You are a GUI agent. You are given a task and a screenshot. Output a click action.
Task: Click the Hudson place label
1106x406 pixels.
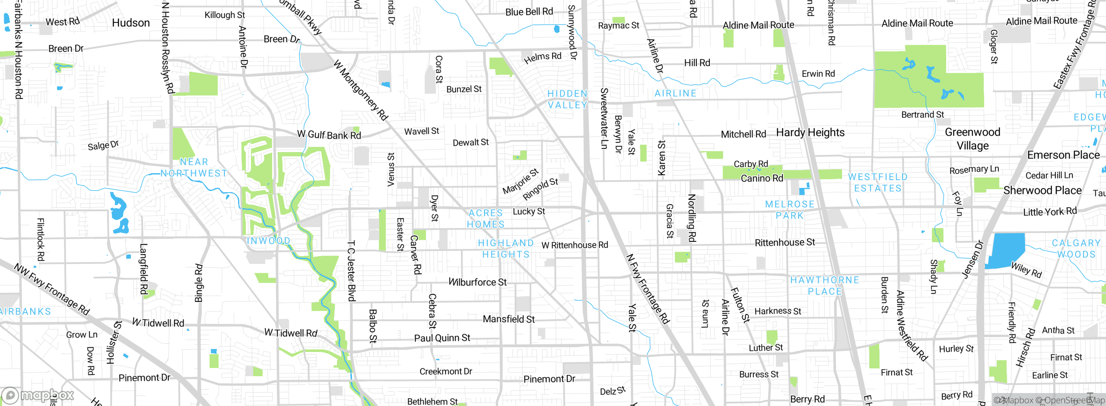click(131, 23)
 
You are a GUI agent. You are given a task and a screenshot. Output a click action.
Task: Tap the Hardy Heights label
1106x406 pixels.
click(810, 133)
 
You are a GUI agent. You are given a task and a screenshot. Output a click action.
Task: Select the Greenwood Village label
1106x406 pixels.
click(973, 139)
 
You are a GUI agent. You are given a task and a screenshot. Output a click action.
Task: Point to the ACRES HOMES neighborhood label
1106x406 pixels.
click(486, 219)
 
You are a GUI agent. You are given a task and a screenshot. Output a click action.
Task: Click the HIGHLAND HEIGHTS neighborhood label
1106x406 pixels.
click(506, 249)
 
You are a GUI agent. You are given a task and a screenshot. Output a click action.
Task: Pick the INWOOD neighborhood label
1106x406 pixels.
click(268, 241)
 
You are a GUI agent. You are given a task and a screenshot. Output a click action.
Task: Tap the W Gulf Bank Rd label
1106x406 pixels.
click(329, 135)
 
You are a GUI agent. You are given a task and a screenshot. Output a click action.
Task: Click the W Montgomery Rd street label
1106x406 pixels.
click(361, 90)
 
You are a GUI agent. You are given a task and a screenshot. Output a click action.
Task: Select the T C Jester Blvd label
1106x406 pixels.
click(352, 270)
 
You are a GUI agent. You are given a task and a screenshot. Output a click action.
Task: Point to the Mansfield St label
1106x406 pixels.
click(509, 319)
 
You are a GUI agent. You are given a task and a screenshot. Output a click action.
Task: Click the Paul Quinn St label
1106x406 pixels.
click(442, 338)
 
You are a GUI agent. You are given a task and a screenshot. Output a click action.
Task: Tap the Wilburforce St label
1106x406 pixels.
click(477, 282)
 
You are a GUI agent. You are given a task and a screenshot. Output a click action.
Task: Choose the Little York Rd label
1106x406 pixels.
click(1050, 212)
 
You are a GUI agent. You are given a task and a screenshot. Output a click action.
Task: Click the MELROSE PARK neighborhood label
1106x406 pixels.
click(789, 210)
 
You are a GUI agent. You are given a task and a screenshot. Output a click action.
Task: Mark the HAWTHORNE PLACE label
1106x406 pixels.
click(825, 285)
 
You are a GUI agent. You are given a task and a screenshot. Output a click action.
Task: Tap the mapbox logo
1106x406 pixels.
click(38, 395)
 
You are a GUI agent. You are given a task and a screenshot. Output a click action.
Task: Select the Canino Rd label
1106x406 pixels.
click(762, 178)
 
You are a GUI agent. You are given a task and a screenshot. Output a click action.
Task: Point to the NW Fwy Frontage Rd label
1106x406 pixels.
click(51, 289)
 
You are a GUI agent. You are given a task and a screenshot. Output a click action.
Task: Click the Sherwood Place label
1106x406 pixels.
click(1042, 190)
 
